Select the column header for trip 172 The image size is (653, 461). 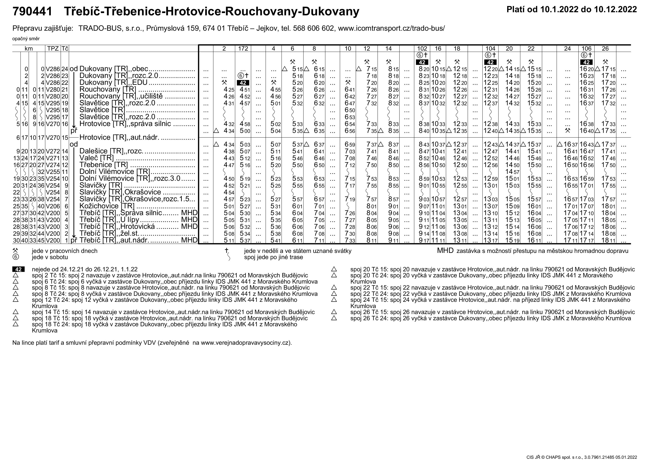243,49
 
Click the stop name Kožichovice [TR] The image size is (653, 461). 107,206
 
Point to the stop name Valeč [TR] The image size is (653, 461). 96,158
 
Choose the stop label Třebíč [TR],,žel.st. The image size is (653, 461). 109,233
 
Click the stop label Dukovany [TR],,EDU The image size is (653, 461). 113,83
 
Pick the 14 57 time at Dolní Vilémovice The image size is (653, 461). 509,172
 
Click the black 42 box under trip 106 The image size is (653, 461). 586,62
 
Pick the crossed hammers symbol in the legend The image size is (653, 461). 15,251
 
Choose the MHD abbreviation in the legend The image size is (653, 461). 445,251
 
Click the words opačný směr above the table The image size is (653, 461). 26,39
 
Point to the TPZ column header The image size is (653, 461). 53,49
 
